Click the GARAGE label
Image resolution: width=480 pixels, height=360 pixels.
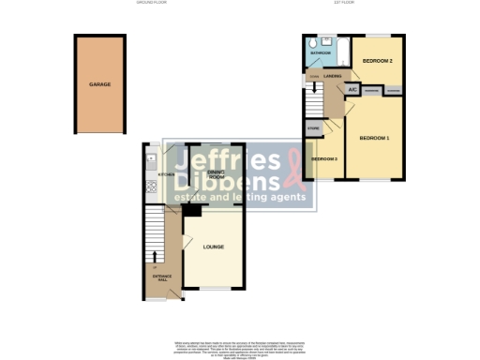coord(100,84)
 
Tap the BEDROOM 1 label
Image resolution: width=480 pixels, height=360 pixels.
coord(374,139)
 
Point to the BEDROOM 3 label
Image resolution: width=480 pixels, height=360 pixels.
coord(324,159)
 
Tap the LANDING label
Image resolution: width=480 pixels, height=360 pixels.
coord(333,76)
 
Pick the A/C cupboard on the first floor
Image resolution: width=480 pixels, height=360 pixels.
coord(353,90)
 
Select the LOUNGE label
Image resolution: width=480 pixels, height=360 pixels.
coord(213,247)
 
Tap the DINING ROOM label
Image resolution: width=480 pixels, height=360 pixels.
coord(215,174)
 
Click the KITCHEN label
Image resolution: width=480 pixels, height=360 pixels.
coord(167,174)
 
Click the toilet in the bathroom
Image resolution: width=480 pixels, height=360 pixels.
coord(310,42)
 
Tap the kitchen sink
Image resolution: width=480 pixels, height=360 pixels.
coord(149,165)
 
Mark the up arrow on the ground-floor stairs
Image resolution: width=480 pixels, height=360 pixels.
coord(156,268)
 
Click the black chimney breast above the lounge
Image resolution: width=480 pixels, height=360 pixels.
coord(187,210)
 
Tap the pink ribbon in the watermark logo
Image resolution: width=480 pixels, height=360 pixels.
coord(296,170)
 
